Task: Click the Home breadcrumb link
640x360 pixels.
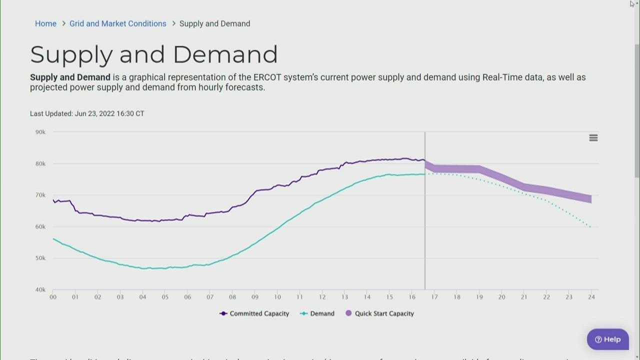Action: pos(45,23)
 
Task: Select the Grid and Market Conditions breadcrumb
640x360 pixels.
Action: pos(117,23)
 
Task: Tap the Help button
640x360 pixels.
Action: pos(607,339)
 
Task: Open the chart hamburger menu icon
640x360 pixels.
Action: pos(593,138)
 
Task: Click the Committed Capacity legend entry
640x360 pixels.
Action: pos(254,313)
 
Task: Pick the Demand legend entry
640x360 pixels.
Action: pos(317,313)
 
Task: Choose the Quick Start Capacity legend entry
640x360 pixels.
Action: pos(380,313)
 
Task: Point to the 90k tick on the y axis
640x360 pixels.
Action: pos(40,132)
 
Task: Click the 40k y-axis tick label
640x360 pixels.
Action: pos(40,289)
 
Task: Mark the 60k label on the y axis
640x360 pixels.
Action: pos(40,226)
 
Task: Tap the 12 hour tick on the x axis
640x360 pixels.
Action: pos(322,297)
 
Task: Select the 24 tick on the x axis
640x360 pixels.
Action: pos(591,297)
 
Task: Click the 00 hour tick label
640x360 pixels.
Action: pos(53,297)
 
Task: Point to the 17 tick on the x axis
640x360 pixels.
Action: pos(434,297)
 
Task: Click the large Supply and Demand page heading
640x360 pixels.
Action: pos(153,54)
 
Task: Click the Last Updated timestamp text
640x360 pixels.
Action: pos(87,113)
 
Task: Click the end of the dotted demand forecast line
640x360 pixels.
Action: pos(590,227)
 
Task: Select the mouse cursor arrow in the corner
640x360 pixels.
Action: pos(632,3)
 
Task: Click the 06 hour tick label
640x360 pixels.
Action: pos(187,297)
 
